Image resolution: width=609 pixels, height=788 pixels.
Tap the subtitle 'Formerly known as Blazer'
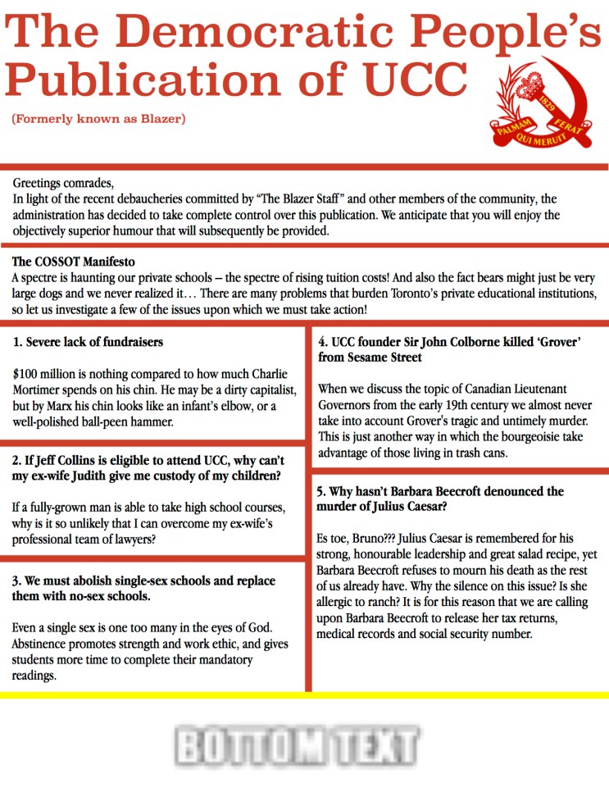[98, 120]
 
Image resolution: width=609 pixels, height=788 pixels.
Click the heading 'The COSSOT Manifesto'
[74, 262]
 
